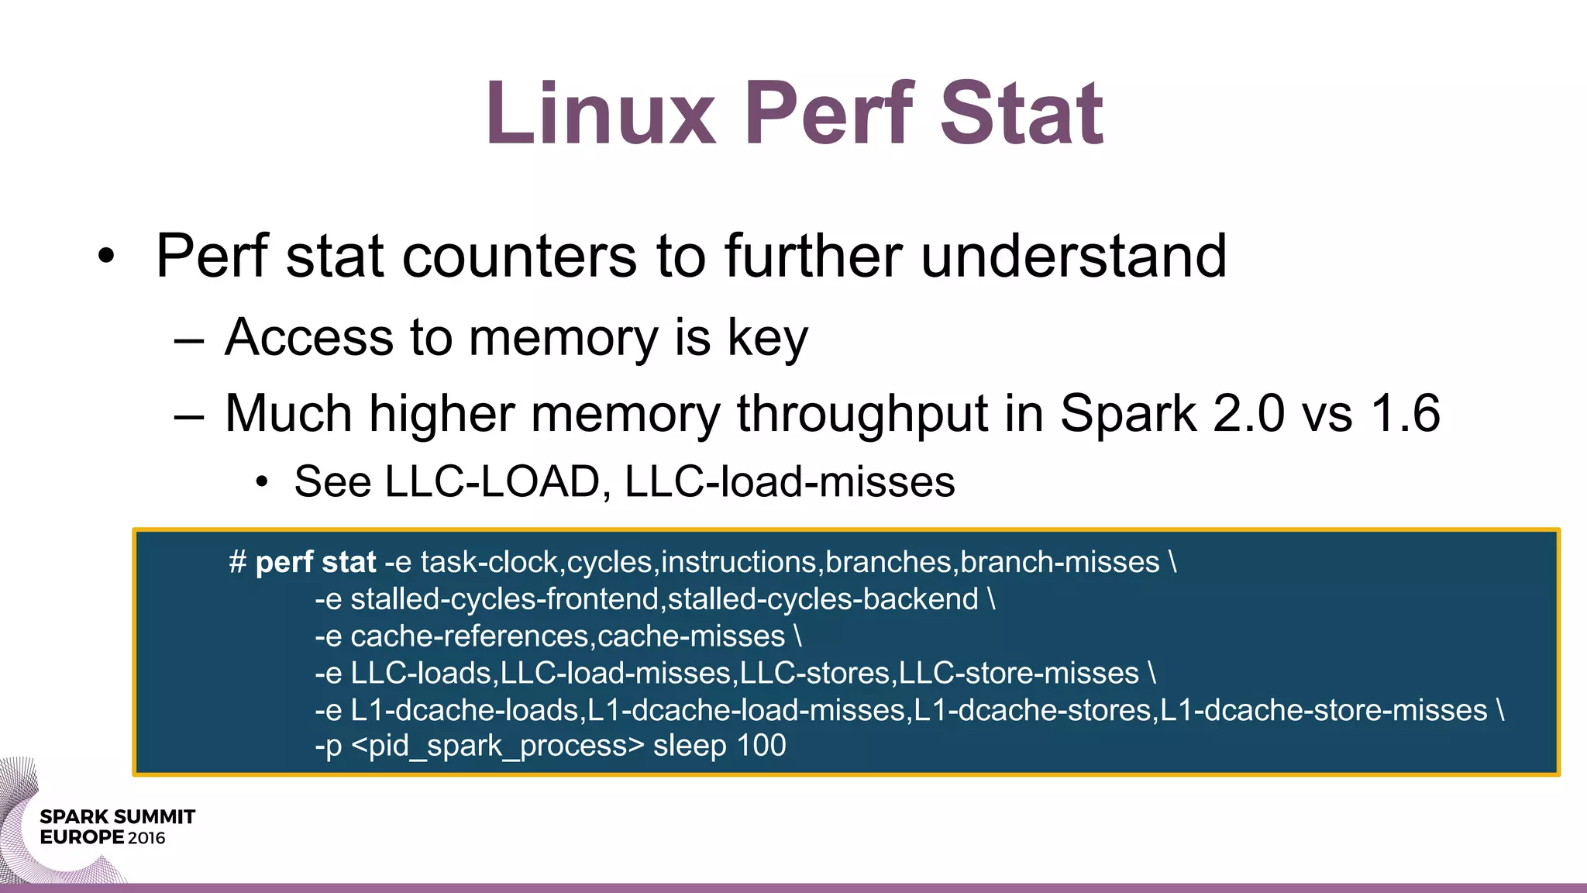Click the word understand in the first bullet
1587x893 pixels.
pyautogui.click(x=1073, y=257)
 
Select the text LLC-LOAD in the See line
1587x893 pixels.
pyautogui.click(x=492, y=482)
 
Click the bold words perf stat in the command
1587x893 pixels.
pyautogui.click(x=315, y=562)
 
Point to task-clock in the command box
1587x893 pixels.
pyautogui.click(x=489, y=562)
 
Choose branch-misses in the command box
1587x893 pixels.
pyautogui.click(x=1060, y=562)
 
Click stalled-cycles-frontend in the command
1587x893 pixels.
pyautogui.click(x=504, y=599)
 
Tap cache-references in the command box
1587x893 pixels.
pyautogui.click(x=471, y=636)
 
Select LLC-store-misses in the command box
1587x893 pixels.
pyautogui.click(x=1018, y=674)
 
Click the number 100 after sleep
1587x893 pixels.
pyautogui.click(x=761, y=746)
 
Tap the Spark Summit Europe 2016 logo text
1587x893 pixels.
pyautogui.click(x=117, y=827)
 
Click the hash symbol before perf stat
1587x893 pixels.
pyautogui.click(x=237, y=562)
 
